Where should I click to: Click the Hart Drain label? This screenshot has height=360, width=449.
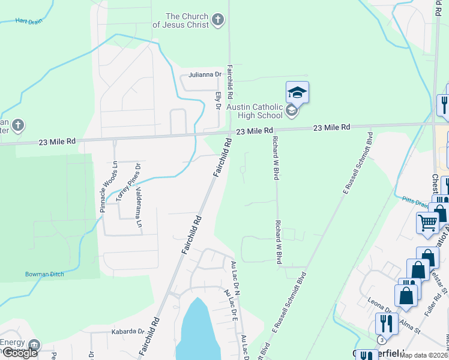pyautogui.click(x=14, y=20)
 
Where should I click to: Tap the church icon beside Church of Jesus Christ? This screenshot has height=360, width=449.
pyautogui.click(x=217, y=20)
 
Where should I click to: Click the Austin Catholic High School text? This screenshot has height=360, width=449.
pyautogui.click(x=255, y=111)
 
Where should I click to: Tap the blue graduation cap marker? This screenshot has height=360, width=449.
pyautogui.click(x=297, y=92)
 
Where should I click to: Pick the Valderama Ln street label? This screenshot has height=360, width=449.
pyautogui.click(x=139, y=207)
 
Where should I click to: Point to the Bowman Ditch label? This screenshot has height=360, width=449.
pyautogui.click(x=44, y=274)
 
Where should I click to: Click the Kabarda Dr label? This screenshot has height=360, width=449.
pyautogui.click(x=128, y=331)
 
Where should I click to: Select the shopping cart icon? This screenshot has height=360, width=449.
pyautogui.click(x=427, y=223)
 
